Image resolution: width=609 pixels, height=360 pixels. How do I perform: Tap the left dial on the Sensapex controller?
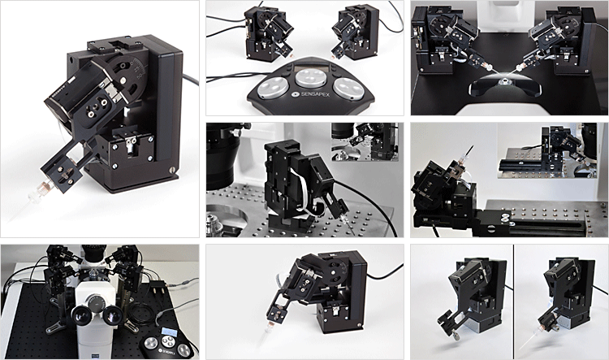click(270, 85)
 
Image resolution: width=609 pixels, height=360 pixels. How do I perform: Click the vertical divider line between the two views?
click(513, 301)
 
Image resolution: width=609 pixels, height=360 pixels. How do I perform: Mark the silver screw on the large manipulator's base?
click(173, 170)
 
